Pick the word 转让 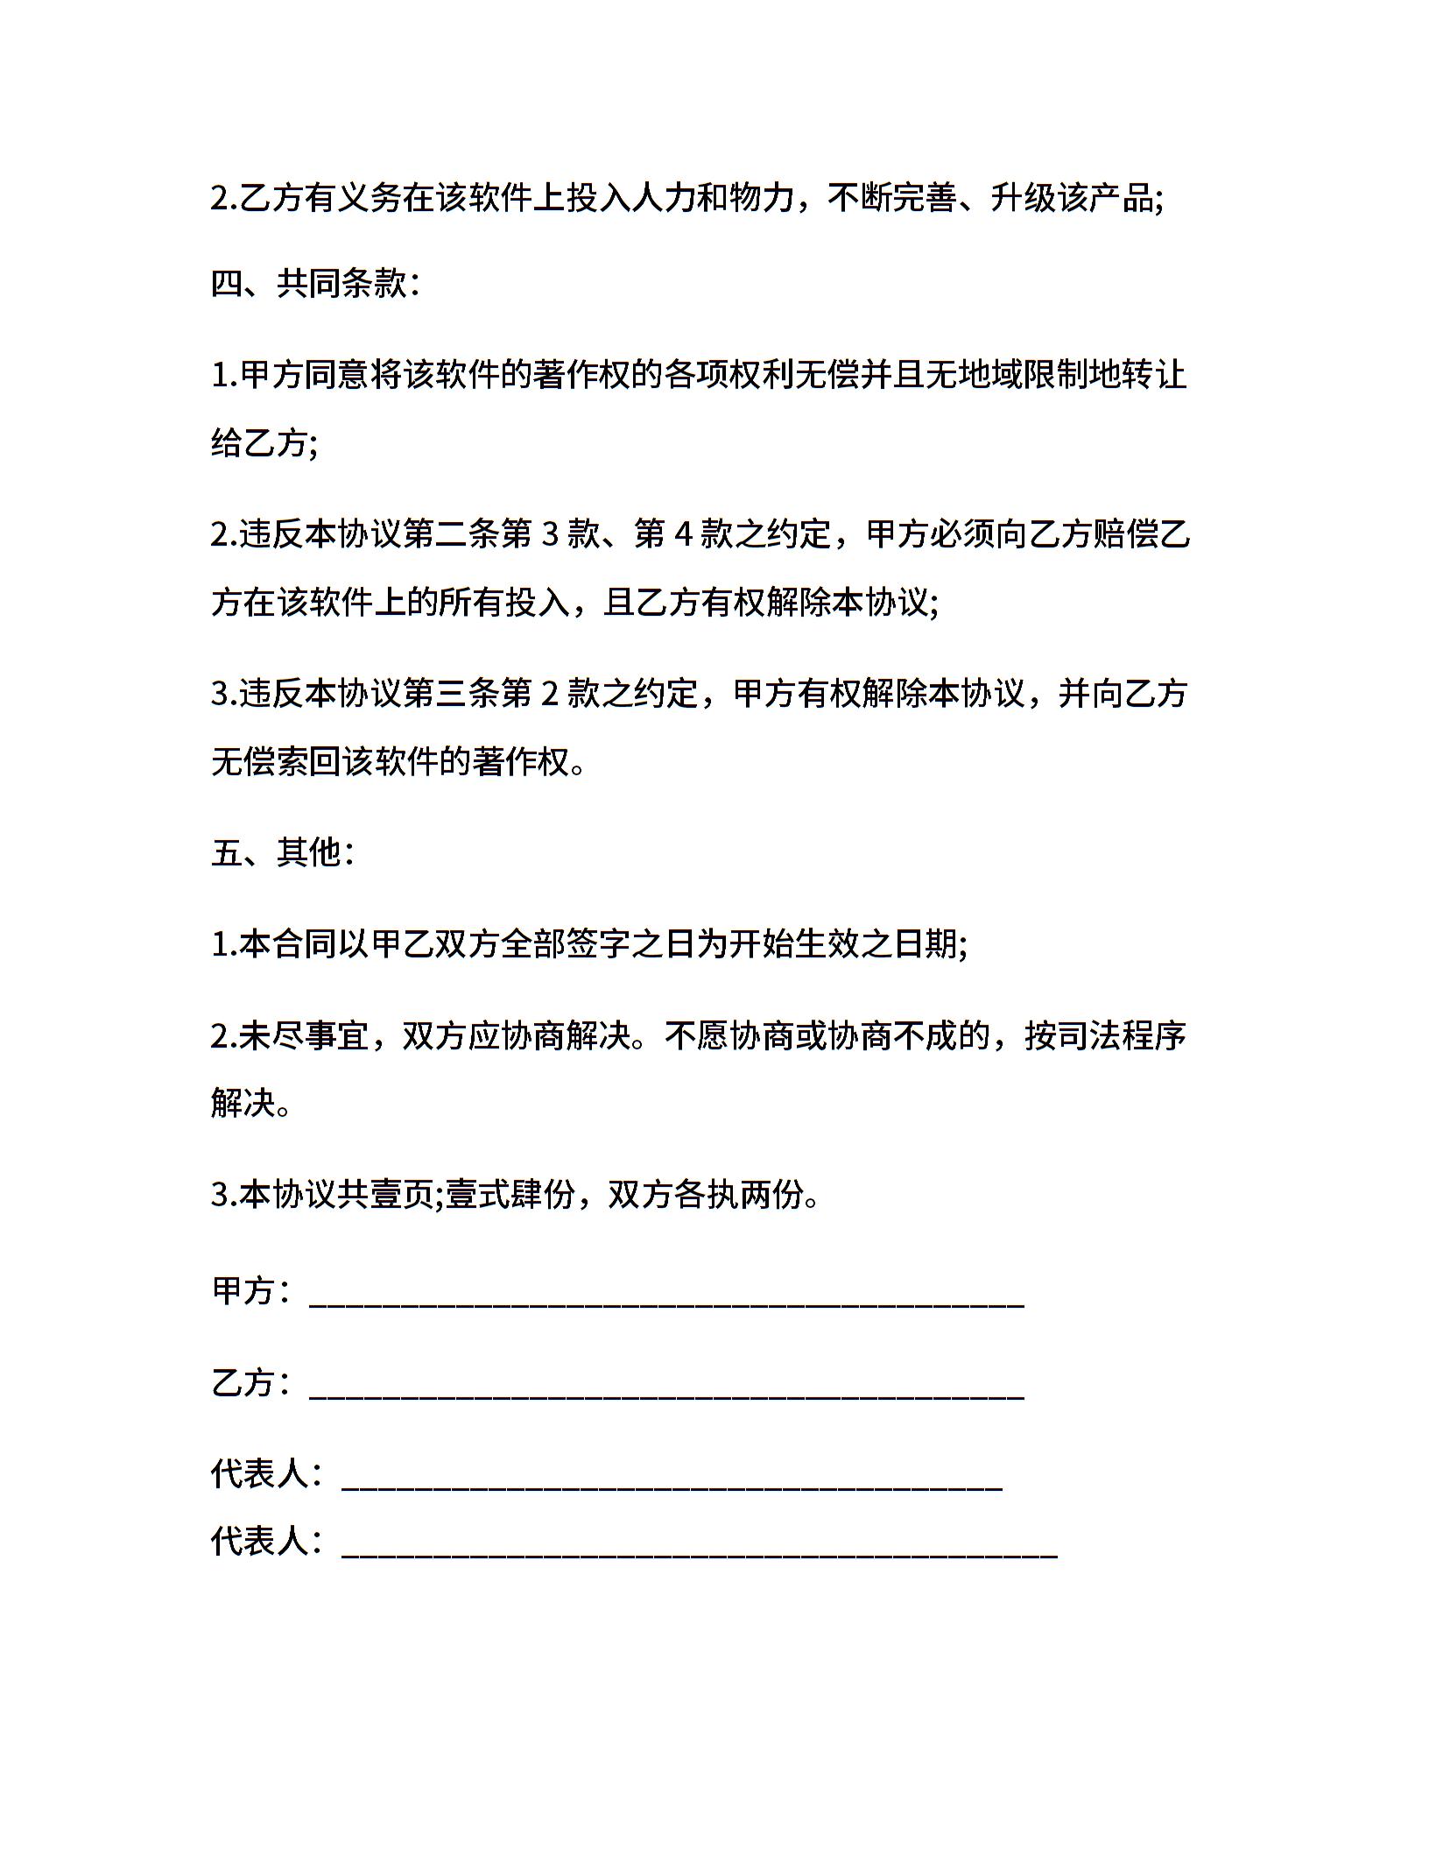(1155, 375)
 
